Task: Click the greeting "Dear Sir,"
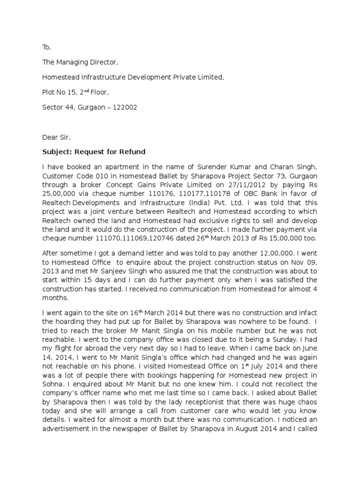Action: coord(56,137)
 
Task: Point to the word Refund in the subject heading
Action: coord(134,152)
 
